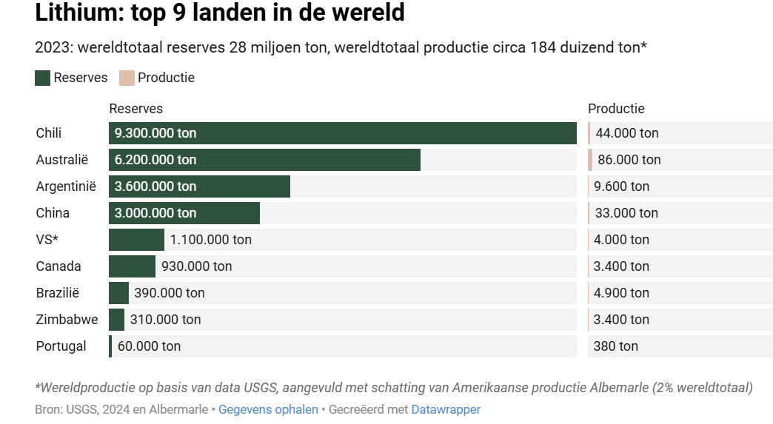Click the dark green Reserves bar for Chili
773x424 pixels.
[x=385, y=133]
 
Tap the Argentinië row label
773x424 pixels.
[x=66, y=186]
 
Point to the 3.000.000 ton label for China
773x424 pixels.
[x=155, y=213]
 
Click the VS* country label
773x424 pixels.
[x=47, y=240]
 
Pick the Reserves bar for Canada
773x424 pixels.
[x=132, y=266]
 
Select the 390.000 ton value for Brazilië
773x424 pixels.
[x=170, y=293]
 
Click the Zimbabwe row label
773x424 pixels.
[x=67, y=320]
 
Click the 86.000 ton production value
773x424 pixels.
[x=629, y=160]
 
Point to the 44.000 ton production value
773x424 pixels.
[x=627, y=133]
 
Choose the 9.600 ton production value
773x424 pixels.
[x=622, y=186]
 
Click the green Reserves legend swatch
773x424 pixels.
[x=42, y=78]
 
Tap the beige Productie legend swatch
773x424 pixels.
[x=127, y=78]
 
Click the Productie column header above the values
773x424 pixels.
[x=616, y=109]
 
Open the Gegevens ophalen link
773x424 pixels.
[x=268, y=409]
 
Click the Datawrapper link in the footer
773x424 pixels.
[x=446, y=409]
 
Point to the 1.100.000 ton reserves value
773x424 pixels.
[x=211, y=240]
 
